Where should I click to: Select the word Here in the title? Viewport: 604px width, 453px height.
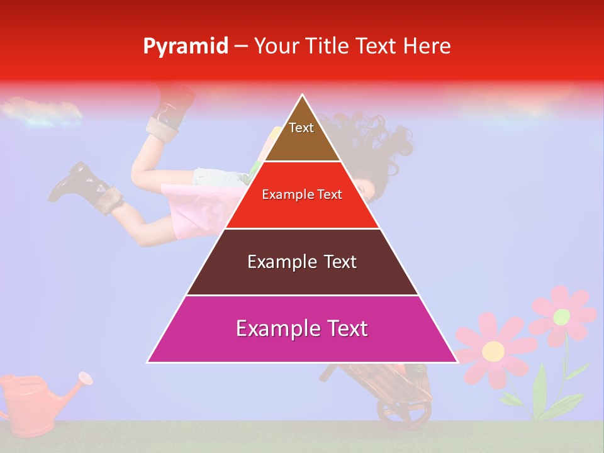coord(427,46)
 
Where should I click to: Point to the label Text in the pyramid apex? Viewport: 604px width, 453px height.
coord(301,128)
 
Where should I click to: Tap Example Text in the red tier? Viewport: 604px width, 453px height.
coord(302,194)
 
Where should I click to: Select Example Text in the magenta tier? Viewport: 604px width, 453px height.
coord(302,328)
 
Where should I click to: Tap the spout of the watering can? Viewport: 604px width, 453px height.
coord(84,378)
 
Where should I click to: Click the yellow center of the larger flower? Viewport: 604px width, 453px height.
coord(493,350)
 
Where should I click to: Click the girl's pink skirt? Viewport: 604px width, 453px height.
coord(189,208)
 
